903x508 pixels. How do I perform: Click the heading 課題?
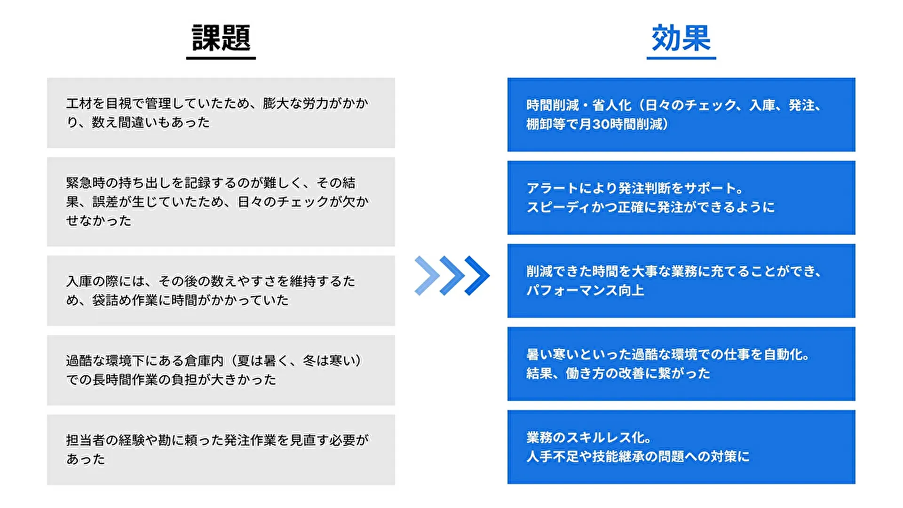(x=221, y=38)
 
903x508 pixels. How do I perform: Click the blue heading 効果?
(x=681, y=38)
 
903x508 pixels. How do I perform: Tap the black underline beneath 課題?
(x=221, y=58)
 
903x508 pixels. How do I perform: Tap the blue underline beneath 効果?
(x=681, y=58)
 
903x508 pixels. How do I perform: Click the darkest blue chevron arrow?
(x=477, y=276)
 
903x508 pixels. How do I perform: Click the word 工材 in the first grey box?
(x=79, y=103)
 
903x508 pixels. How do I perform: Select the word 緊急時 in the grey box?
(x=85, y=183)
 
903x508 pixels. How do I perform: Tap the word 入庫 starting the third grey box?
(x=79, y=281)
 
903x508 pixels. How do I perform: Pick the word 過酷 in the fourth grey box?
(x=79, y=361)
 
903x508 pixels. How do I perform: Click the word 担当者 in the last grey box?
(x=85, y=440)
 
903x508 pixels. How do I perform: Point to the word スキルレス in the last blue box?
(x=592, y=438)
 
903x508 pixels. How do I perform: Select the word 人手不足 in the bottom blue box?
(x=552, y=457)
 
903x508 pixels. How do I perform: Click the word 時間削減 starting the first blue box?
(x=552, y=105)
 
